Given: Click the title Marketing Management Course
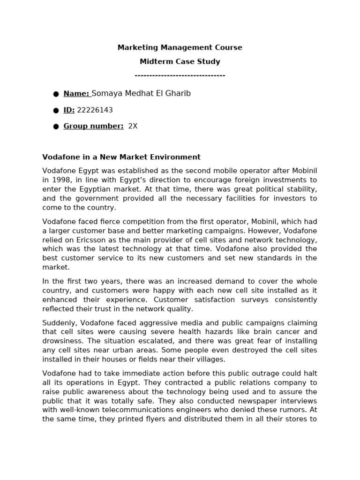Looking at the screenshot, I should click(180, 47).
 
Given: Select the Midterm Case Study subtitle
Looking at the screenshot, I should click(180, 61).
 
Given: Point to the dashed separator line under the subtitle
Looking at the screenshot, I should click(180, 75).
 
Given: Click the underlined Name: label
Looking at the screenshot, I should click(76, 94).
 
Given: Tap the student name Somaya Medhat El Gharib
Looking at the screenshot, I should click(141, 94).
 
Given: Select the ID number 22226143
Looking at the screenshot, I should click(95, 110).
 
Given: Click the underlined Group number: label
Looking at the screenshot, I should click(93, 126).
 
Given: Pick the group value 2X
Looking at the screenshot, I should click(133, 126).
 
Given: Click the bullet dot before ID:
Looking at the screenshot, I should click(56, 111).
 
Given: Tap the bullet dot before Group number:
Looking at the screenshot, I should click(56, 127).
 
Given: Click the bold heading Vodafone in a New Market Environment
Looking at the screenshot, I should click(121, 157).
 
